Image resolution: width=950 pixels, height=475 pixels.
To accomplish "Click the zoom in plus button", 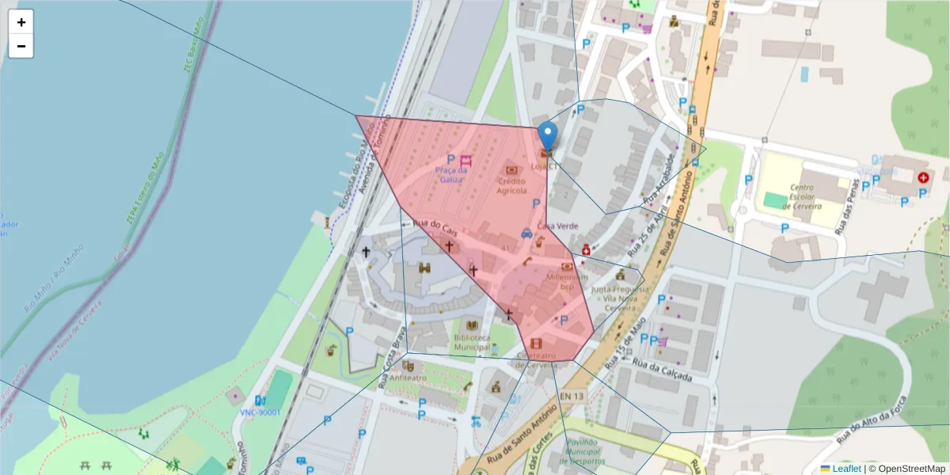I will (x=21, y=22).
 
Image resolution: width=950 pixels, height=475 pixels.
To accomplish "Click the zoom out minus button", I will (x=21, y=46).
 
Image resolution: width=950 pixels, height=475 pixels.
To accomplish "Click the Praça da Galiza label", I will (x=451, y=174).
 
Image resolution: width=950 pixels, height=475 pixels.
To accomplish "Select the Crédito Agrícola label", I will (x=511, y=185).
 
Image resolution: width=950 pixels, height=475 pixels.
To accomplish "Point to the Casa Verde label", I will (x=557, y=226).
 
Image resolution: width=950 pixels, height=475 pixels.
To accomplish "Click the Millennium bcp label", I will (x=567, y=282).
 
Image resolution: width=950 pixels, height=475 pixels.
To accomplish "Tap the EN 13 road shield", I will (x=572, y=395).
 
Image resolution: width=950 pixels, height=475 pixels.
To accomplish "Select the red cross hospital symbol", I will (x=923, y=178).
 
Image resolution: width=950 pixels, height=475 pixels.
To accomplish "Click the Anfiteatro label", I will (x=408, y=378).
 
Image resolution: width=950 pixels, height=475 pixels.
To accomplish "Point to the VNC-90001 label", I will (x=260, y=412).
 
